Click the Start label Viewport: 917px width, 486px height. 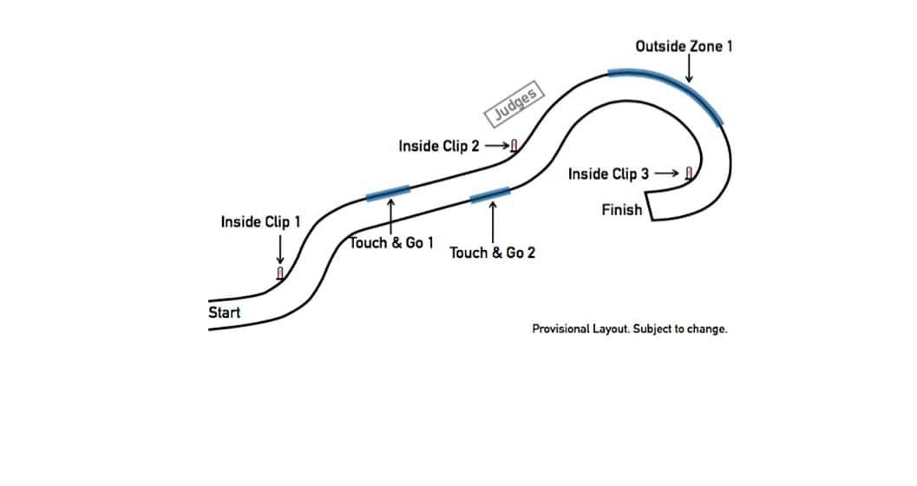(x=225, y=312)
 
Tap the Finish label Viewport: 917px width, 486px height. (x=621, y=209)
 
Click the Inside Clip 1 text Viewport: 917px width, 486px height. (x=260, y=221)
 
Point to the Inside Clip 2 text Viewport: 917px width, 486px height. (x=438, y=146)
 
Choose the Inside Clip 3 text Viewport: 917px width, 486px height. (x=608, y=174)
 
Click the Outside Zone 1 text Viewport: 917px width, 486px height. (x=684, y=45)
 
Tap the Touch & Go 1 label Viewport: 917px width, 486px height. (x=392, y=243)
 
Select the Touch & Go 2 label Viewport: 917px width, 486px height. (x=492, y=253)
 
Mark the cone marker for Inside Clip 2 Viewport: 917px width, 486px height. (x=514, y=146)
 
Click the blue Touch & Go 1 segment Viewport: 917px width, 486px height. (x=388, y=193)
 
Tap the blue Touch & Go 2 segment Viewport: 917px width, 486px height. (x=490, y=194)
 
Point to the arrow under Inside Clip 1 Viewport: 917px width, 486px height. (x=279, y=250)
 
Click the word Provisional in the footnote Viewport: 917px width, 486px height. (x=561, y=330)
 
